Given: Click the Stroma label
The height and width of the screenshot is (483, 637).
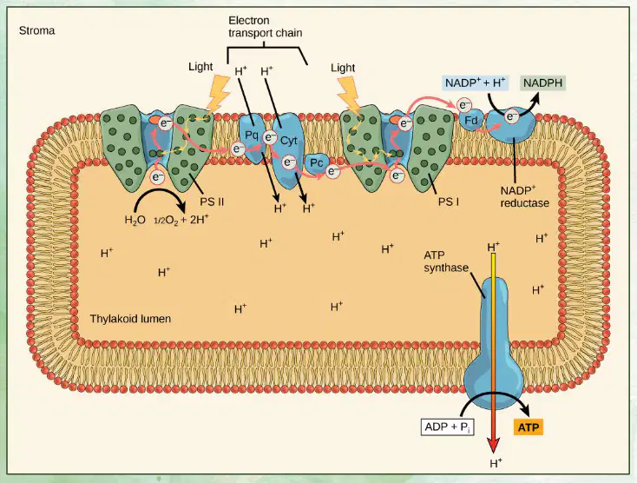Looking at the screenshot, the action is point(37,31).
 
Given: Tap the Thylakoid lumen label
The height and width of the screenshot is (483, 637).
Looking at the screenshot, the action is point(130,318).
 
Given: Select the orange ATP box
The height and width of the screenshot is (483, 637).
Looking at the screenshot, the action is point(529,427).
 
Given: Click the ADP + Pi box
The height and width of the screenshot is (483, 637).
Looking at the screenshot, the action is point(447,427).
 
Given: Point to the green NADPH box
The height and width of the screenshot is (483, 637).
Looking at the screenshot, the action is point(542,83).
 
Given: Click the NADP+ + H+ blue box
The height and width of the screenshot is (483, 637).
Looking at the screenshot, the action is point(475,83).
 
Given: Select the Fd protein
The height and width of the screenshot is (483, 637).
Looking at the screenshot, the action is point(471,121).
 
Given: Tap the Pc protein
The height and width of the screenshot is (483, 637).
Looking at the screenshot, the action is point(316,163).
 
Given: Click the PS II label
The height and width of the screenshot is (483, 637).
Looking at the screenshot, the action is point(212,202).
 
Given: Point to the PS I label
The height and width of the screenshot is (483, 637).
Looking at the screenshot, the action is point(449,202).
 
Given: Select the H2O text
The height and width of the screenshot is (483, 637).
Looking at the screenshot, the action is point(135,221).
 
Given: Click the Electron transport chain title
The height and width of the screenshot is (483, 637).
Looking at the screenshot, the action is point(265,26).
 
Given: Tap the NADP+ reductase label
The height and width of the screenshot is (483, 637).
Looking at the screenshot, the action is point(524,196).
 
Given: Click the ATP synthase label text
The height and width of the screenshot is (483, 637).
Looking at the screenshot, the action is point(446,261).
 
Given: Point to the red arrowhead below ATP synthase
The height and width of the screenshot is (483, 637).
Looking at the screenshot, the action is point(493,445).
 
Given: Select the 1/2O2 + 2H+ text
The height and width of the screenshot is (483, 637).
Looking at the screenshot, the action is point(181,220).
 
